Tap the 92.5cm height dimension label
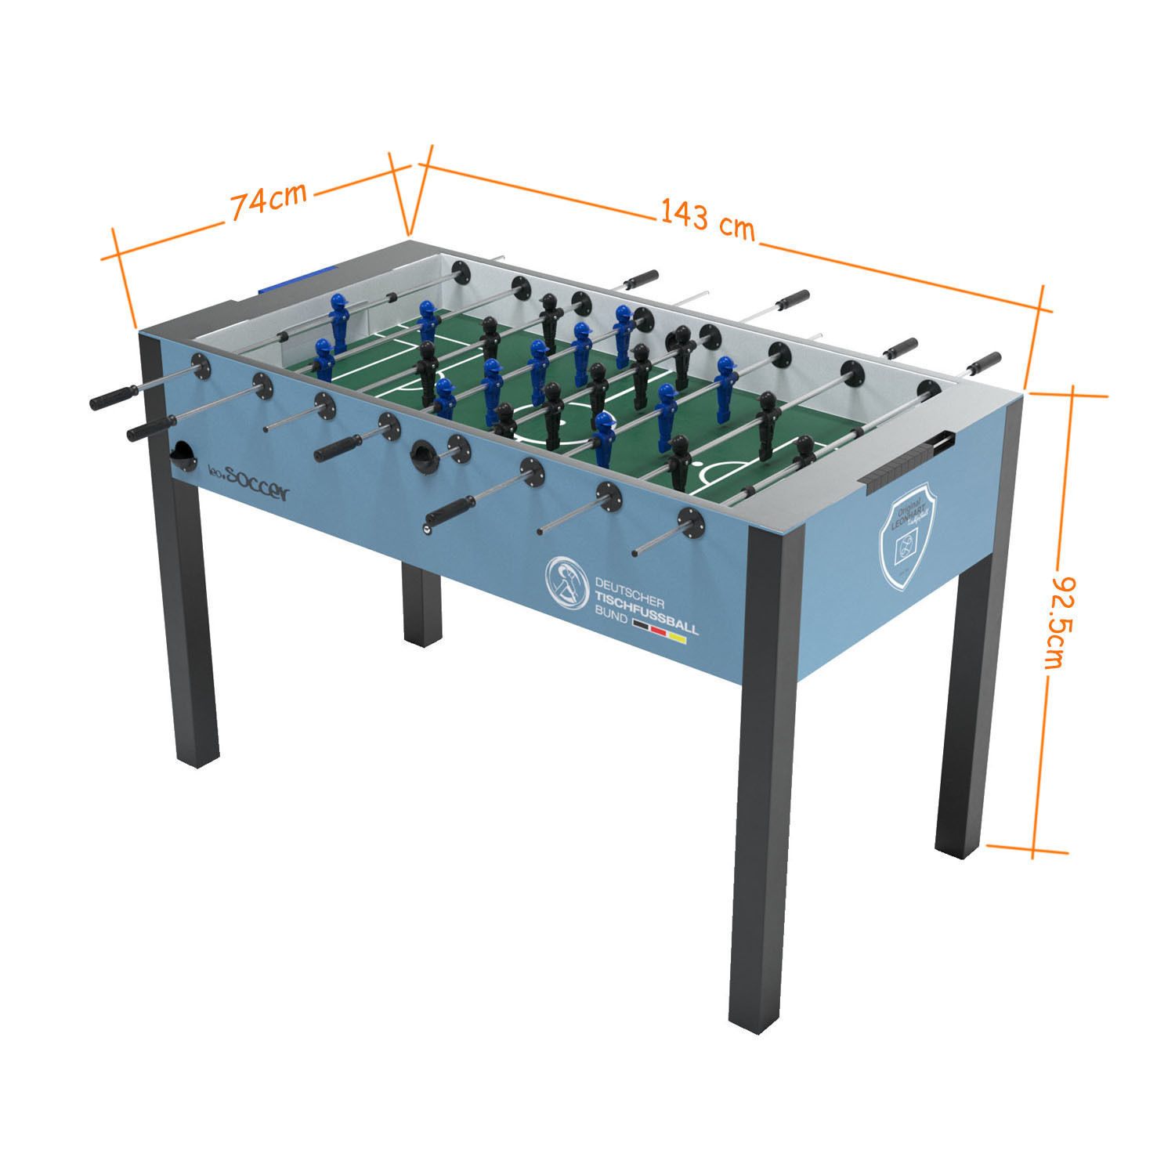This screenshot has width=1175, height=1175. tap(1058, 623)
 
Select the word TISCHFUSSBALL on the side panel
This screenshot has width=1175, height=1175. tap(646, 618)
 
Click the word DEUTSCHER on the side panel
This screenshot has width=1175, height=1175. tap(630, 592)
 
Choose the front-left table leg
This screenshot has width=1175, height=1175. tap(193, 627)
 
